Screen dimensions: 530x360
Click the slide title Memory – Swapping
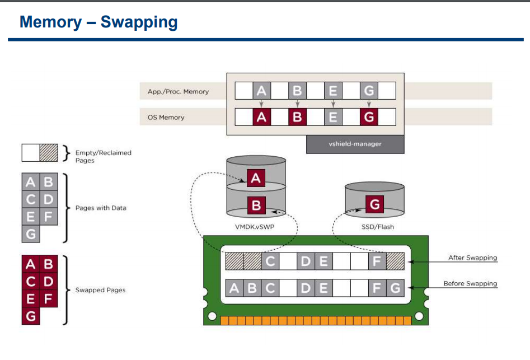click(99, 22)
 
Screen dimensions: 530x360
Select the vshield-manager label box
click(355, 144)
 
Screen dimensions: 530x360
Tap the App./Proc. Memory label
click(178, 92)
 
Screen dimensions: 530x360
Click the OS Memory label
click(166, 118)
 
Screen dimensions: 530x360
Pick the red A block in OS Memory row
click(261, 117)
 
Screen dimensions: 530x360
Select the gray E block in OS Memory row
click(333, 117)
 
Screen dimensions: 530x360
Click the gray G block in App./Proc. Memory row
click(369, 91)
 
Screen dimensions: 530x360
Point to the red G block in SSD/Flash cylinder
click(374, 204)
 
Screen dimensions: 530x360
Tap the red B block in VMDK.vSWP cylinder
click(256, 205)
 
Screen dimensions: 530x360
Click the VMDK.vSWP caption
click(255, 227)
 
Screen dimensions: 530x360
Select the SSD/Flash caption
click(378, 227)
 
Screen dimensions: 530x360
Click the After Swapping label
click(472, 258)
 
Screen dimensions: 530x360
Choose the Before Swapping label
click(470, 284)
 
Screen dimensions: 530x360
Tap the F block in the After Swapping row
click(377, 261)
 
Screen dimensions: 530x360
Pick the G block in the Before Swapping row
click(395, 288)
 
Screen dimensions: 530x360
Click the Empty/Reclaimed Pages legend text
click(103, 157)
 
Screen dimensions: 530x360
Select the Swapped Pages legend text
click(100, 290)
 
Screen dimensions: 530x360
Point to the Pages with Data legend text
click(101, 208)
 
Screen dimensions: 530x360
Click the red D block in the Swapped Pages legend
click(49, 281)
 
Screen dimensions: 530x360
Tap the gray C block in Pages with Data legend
click(31, 199)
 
